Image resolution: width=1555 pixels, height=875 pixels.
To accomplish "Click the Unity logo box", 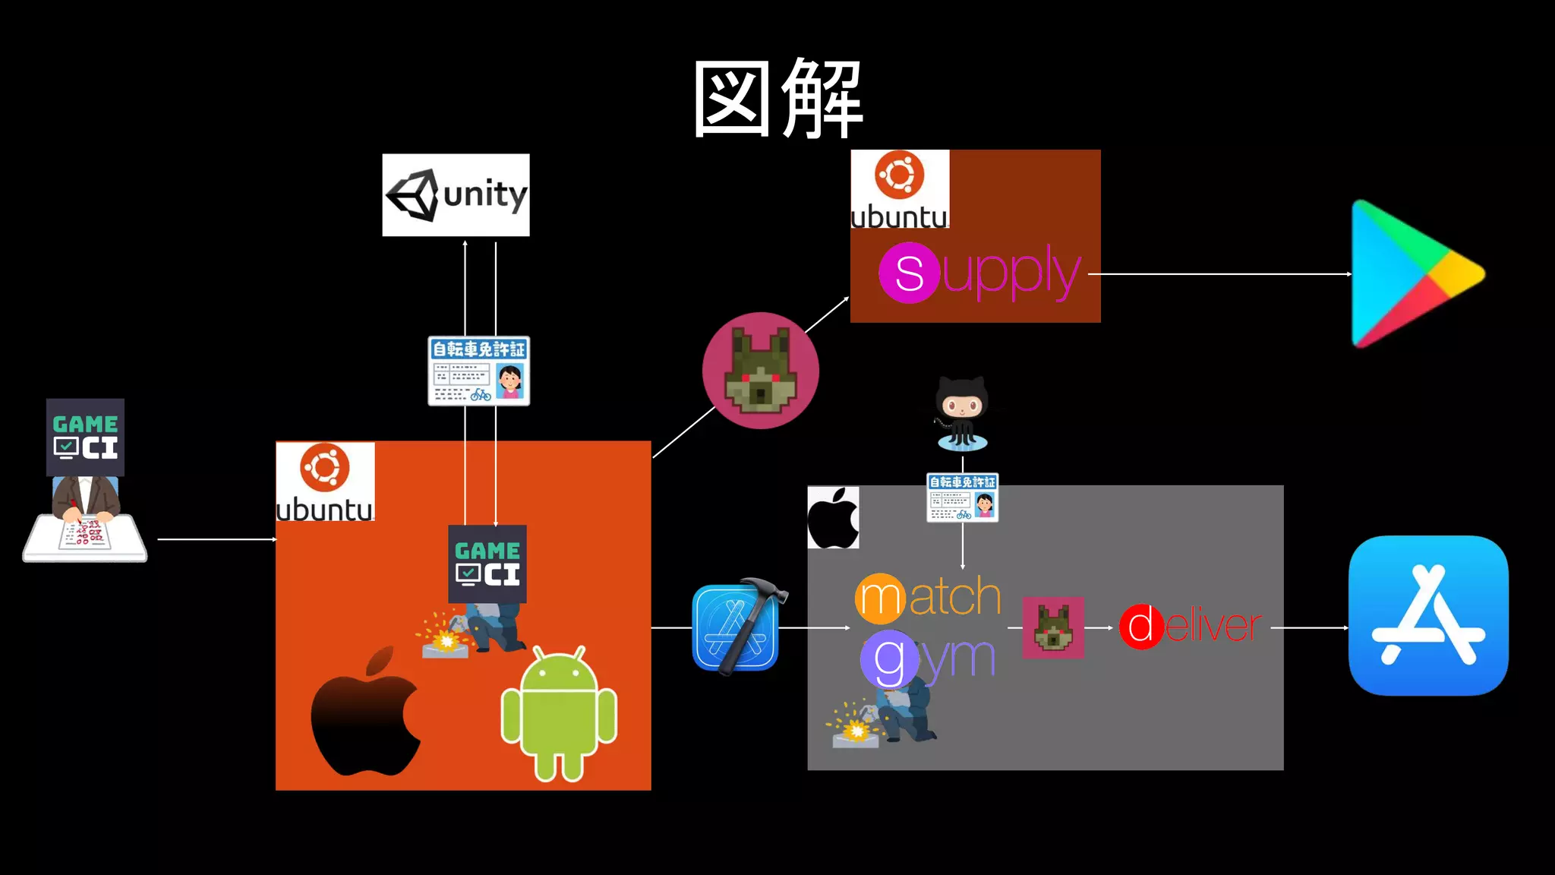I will (456, 195).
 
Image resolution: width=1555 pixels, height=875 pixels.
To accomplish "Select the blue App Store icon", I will (1428, 615).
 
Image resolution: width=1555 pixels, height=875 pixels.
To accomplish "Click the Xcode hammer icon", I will (736, 627).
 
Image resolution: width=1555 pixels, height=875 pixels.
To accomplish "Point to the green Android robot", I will (559, 714).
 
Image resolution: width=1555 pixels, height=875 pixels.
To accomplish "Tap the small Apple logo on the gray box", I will (833, 518).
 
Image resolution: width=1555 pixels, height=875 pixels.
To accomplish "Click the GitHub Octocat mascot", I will (961, 414).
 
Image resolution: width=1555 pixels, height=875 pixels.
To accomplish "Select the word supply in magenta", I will (979, 273).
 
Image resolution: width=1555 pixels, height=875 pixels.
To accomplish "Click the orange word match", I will (928, 597).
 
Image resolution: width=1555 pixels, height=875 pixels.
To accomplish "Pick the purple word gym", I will (928, 659).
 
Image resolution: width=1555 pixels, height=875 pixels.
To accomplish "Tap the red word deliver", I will (1190, 627).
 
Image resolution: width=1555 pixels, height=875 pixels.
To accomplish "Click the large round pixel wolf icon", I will (760, 371).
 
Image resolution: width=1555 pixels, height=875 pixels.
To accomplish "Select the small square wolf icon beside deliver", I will (1053, 627).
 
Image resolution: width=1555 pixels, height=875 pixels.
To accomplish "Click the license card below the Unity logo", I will (478, 371).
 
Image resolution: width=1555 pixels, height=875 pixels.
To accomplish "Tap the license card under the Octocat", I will (962, 498).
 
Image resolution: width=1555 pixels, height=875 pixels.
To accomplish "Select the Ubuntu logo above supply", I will (900, 189).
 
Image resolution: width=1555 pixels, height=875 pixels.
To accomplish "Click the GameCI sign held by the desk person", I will (85, 437).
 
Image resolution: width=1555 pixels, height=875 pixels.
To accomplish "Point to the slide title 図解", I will (777, 99).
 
